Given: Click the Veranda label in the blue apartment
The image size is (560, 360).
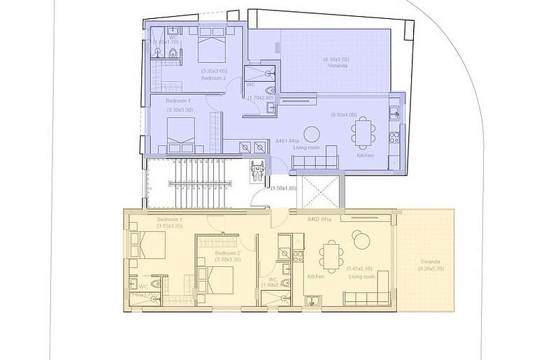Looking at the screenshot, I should (338, 66).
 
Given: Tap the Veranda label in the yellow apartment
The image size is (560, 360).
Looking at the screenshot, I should (430, 262).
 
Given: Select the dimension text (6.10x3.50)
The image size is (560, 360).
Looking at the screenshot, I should (336, 59).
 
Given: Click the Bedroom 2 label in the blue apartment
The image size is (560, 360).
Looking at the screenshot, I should (213, 78).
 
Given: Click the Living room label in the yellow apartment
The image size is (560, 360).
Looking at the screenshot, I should (361, 277).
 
